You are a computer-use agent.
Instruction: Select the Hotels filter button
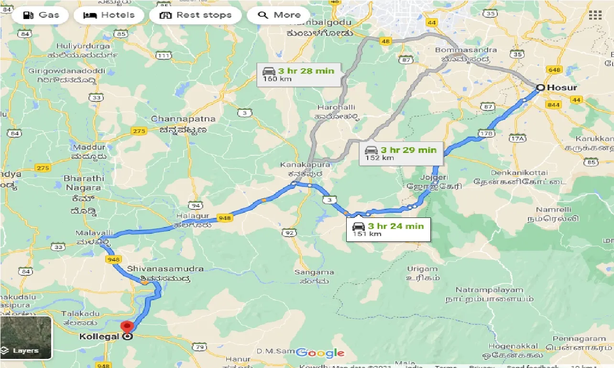109,15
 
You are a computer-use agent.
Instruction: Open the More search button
279,15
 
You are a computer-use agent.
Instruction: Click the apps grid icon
595,15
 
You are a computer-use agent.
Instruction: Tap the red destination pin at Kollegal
127,327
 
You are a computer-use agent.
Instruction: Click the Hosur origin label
561,87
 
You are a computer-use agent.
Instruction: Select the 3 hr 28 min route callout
298,74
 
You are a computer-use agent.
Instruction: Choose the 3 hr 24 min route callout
388,229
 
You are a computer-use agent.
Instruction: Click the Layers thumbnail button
26,337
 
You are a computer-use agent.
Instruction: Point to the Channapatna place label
183,119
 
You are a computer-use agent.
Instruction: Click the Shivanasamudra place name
165,269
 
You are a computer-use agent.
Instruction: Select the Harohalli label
337,107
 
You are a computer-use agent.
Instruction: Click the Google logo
320,353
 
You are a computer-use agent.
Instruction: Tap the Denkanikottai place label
519,172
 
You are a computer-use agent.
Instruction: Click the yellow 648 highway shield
554,70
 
